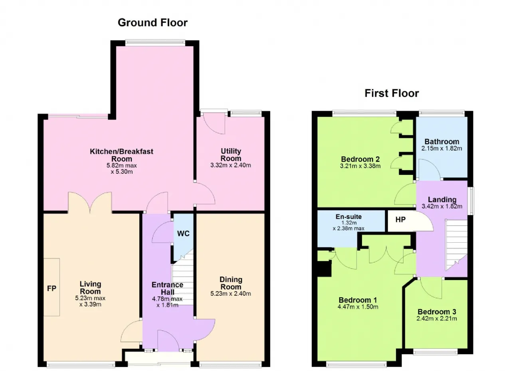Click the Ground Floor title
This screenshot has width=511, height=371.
[x=153, y=23]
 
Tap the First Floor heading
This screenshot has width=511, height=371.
[x=392, y=93]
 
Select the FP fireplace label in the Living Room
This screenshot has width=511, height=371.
[x=51, y=289]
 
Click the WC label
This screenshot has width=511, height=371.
[x=183, y=234]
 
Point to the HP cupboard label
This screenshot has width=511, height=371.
[x=400, y=220]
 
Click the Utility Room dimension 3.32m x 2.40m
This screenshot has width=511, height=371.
[x=231, y=165]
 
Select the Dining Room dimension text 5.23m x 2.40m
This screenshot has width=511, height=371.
[x=231, y=294]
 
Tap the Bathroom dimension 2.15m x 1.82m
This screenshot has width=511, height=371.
[x=442, y=149]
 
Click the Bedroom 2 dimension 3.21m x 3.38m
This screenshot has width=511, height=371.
[x=360, y=166]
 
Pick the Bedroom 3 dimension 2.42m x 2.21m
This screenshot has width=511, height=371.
[x=437, y=318]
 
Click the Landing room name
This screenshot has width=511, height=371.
[x=442, y=200]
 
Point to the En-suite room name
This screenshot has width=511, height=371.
[x=349, y=217]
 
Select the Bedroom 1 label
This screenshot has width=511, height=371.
[x=358, y=300]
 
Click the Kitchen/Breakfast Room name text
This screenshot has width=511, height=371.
[x=122, y=155]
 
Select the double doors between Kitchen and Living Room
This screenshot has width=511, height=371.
[x=90, y=203]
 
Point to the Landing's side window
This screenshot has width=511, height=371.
[x=471, y=201]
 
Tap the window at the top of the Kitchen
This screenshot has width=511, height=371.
[x=155, y=42]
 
